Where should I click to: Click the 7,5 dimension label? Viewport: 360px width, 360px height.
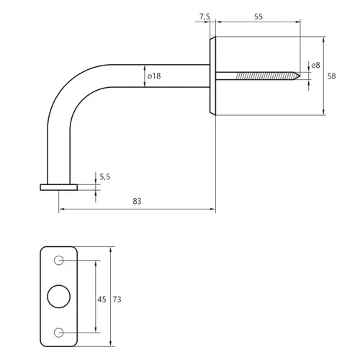point(204,17)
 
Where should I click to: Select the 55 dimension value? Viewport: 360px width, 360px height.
point(258,17)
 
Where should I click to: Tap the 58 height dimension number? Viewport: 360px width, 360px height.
point(331,76)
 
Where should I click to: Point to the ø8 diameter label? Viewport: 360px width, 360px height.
point(315,65)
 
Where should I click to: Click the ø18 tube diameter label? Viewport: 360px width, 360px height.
point(154,76)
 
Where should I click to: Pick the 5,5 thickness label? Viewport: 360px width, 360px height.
point(105,177)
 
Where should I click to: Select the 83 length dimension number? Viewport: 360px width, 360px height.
point(137,201)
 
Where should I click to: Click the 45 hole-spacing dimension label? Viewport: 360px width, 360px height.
point(102,300)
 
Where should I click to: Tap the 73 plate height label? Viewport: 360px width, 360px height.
point(117,300)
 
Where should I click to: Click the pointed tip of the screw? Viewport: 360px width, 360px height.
point(300,76)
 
